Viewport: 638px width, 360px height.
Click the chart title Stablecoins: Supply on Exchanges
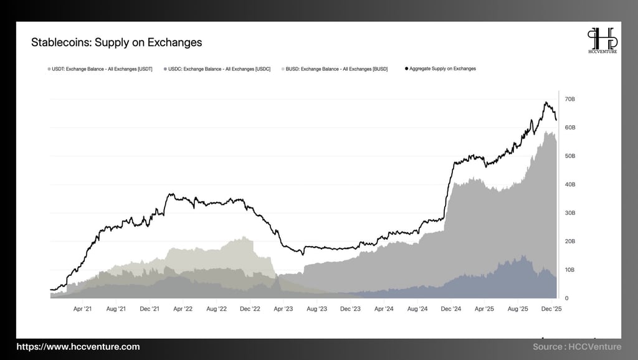click(117, 42)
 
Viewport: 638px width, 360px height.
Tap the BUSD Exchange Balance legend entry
click(336, 69)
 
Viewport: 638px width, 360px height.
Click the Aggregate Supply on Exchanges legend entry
click(441, 69)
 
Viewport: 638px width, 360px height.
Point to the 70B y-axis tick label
click(569, 99)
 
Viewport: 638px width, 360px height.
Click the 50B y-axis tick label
click(569, 156)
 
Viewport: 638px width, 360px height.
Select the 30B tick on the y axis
click(569, 213)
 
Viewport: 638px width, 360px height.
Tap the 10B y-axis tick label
click(569, 270)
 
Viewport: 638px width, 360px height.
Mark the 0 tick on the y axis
click(566, 298)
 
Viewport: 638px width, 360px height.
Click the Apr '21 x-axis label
click(83, 308)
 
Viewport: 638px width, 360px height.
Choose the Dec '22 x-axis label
click(249, 308)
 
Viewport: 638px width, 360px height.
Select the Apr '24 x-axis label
click(384, 308)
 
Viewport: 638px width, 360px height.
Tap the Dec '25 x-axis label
click(551, 308)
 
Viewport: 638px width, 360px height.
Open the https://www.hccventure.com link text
click(78, 346)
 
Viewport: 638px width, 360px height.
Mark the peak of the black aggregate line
click(546, 102)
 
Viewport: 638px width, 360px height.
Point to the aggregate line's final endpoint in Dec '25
click(556, 120)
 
